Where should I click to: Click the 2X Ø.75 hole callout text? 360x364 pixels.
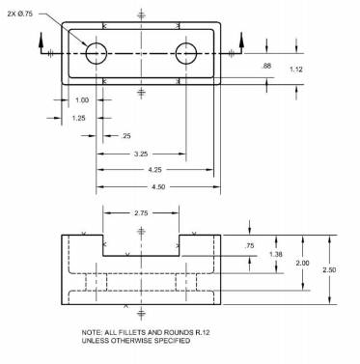coord(20,14)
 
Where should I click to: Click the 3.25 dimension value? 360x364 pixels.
coord(141,154)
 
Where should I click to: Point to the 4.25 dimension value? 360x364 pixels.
coord(154,170)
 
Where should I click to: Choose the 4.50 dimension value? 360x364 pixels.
coord(158,186)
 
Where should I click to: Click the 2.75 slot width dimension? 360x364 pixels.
coord(141,213)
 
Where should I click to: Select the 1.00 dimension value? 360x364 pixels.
coord(82,100)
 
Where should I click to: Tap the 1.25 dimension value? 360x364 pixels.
coord(78,118)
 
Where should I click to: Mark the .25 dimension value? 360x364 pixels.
coord(125,136)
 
